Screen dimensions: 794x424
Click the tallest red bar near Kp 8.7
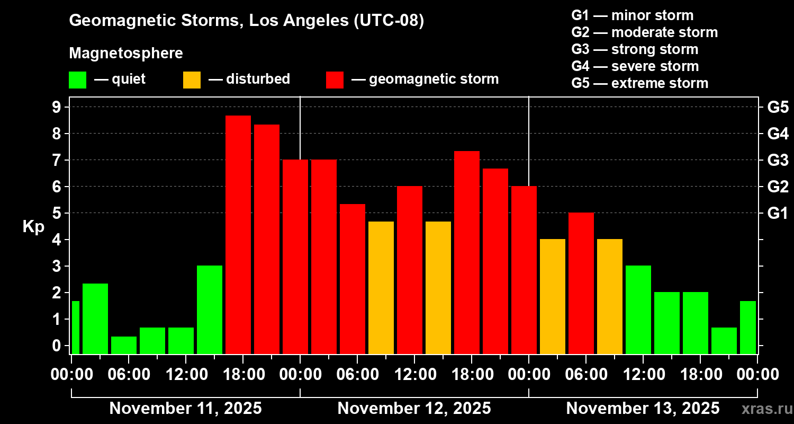point(238,235)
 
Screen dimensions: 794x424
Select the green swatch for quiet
point(78,80)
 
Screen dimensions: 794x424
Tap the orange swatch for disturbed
point(192,80)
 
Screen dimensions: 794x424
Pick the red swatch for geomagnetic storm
point(335,80)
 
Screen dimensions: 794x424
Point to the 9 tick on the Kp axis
point(56,107)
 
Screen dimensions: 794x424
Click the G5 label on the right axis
point(778,107)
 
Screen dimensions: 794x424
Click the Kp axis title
point(33,227)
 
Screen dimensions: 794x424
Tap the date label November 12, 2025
point(414,409)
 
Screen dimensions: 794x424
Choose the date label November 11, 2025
point(186,409)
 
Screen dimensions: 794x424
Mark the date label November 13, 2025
point(643,409)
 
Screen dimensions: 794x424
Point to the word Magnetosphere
point(126,53)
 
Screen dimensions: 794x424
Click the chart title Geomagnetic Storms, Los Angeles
point(209,20)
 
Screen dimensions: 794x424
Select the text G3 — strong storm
point(635,49)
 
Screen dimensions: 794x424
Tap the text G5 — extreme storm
point(640,83)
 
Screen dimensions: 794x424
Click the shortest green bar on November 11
point(124,345)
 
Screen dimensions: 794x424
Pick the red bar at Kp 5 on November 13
point(581,284)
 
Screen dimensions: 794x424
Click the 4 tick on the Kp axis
point(56,240)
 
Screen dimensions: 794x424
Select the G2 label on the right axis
point(778,187)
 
